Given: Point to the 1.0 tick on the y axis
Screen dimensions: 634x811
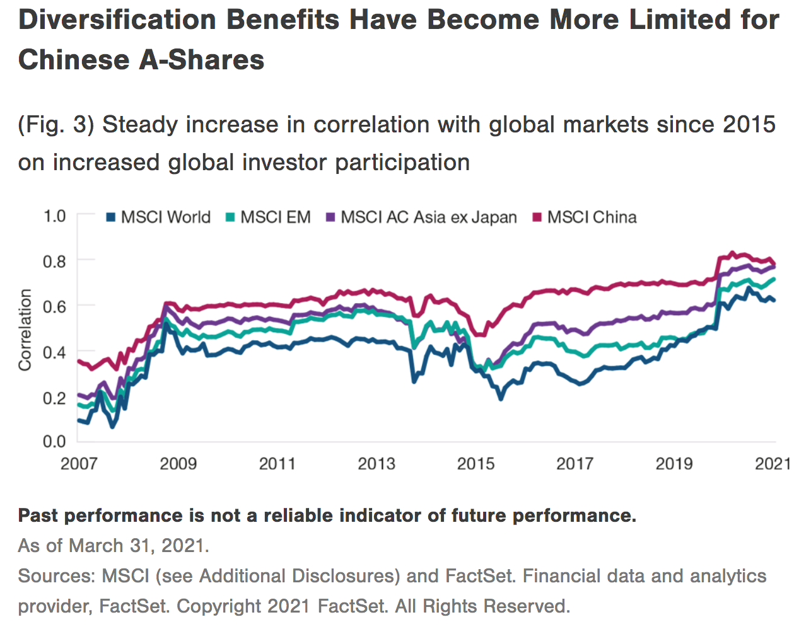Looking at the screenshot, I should (x=54, y=216).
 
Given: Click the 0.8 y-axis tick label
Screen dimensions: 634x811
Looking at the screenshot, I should (x=54, y=261).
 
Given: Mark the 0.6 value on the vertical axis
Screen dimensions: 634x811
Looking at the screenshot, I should (x=54, y=306).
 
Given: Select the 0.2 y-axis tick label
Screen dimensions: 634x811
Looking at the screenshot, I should (x=54, y=398).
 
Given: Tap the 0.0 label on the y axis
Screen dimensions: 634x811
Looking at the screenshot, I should (x=54, y=441).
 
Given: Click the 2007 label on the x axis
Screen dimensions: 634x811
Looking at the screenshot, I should (x=79, y=464).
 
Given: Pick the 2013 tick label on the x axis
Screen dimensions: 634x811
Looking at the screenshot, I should (x=376, y=464).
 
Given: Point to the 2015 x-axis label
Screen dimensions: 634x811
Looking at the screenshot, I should (x=476, y=464).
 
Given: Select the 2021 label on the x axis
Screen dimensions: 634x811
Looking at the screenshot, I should (x=773, y=464).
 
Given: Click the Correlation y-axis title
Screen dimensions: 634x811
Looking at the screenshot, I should (x=25, y=330).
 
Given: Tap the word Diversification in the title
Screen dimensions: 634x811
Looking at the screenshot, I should (x=117, y=20).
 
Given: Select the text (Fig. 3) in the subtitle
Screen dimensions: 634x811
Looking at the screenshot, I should (x=56, y=125).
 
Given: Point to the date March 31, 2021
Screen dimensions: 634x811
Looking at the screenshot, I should (x=138, y=545).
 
